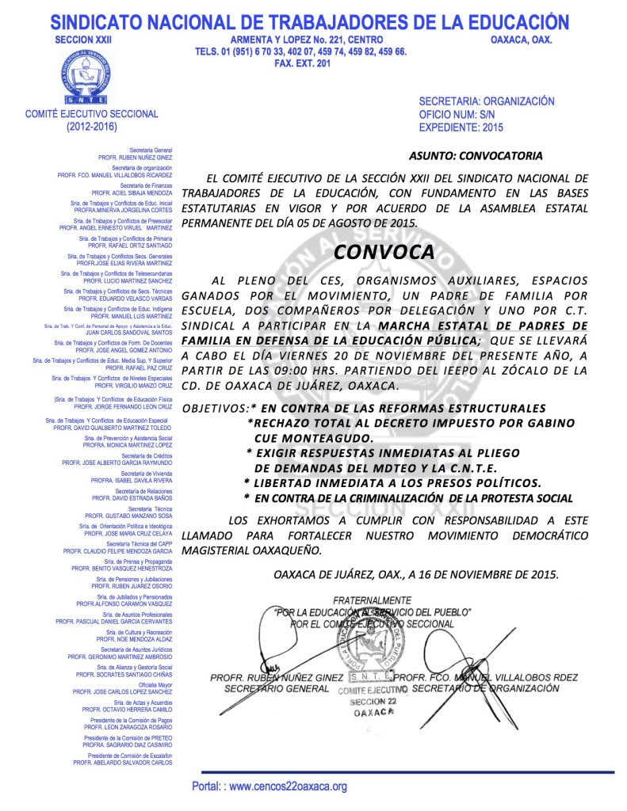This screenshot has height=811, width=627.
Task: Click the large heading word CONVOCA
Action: (384, 252)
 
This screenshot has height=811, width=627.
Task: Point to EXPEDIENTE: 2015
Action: (461, 127)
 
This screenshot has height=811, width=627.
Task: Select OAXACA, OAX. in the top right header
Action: (522, 40)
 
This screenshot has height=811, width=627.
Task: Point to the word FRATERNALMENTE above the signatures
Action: (372, 600)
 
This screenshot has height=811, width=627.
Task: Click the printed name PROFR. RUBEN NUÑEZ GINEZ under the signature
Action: (277, 678)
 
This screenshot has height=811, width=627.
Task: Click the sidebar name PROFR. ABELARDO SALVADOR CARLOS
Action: (123, 762)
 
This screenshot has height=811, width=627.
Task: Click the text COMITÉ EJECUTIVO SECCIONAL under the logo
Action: (92, 114)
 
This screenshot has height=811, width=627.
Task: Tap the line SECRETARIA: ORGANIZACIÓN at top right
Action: (487, 101)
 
